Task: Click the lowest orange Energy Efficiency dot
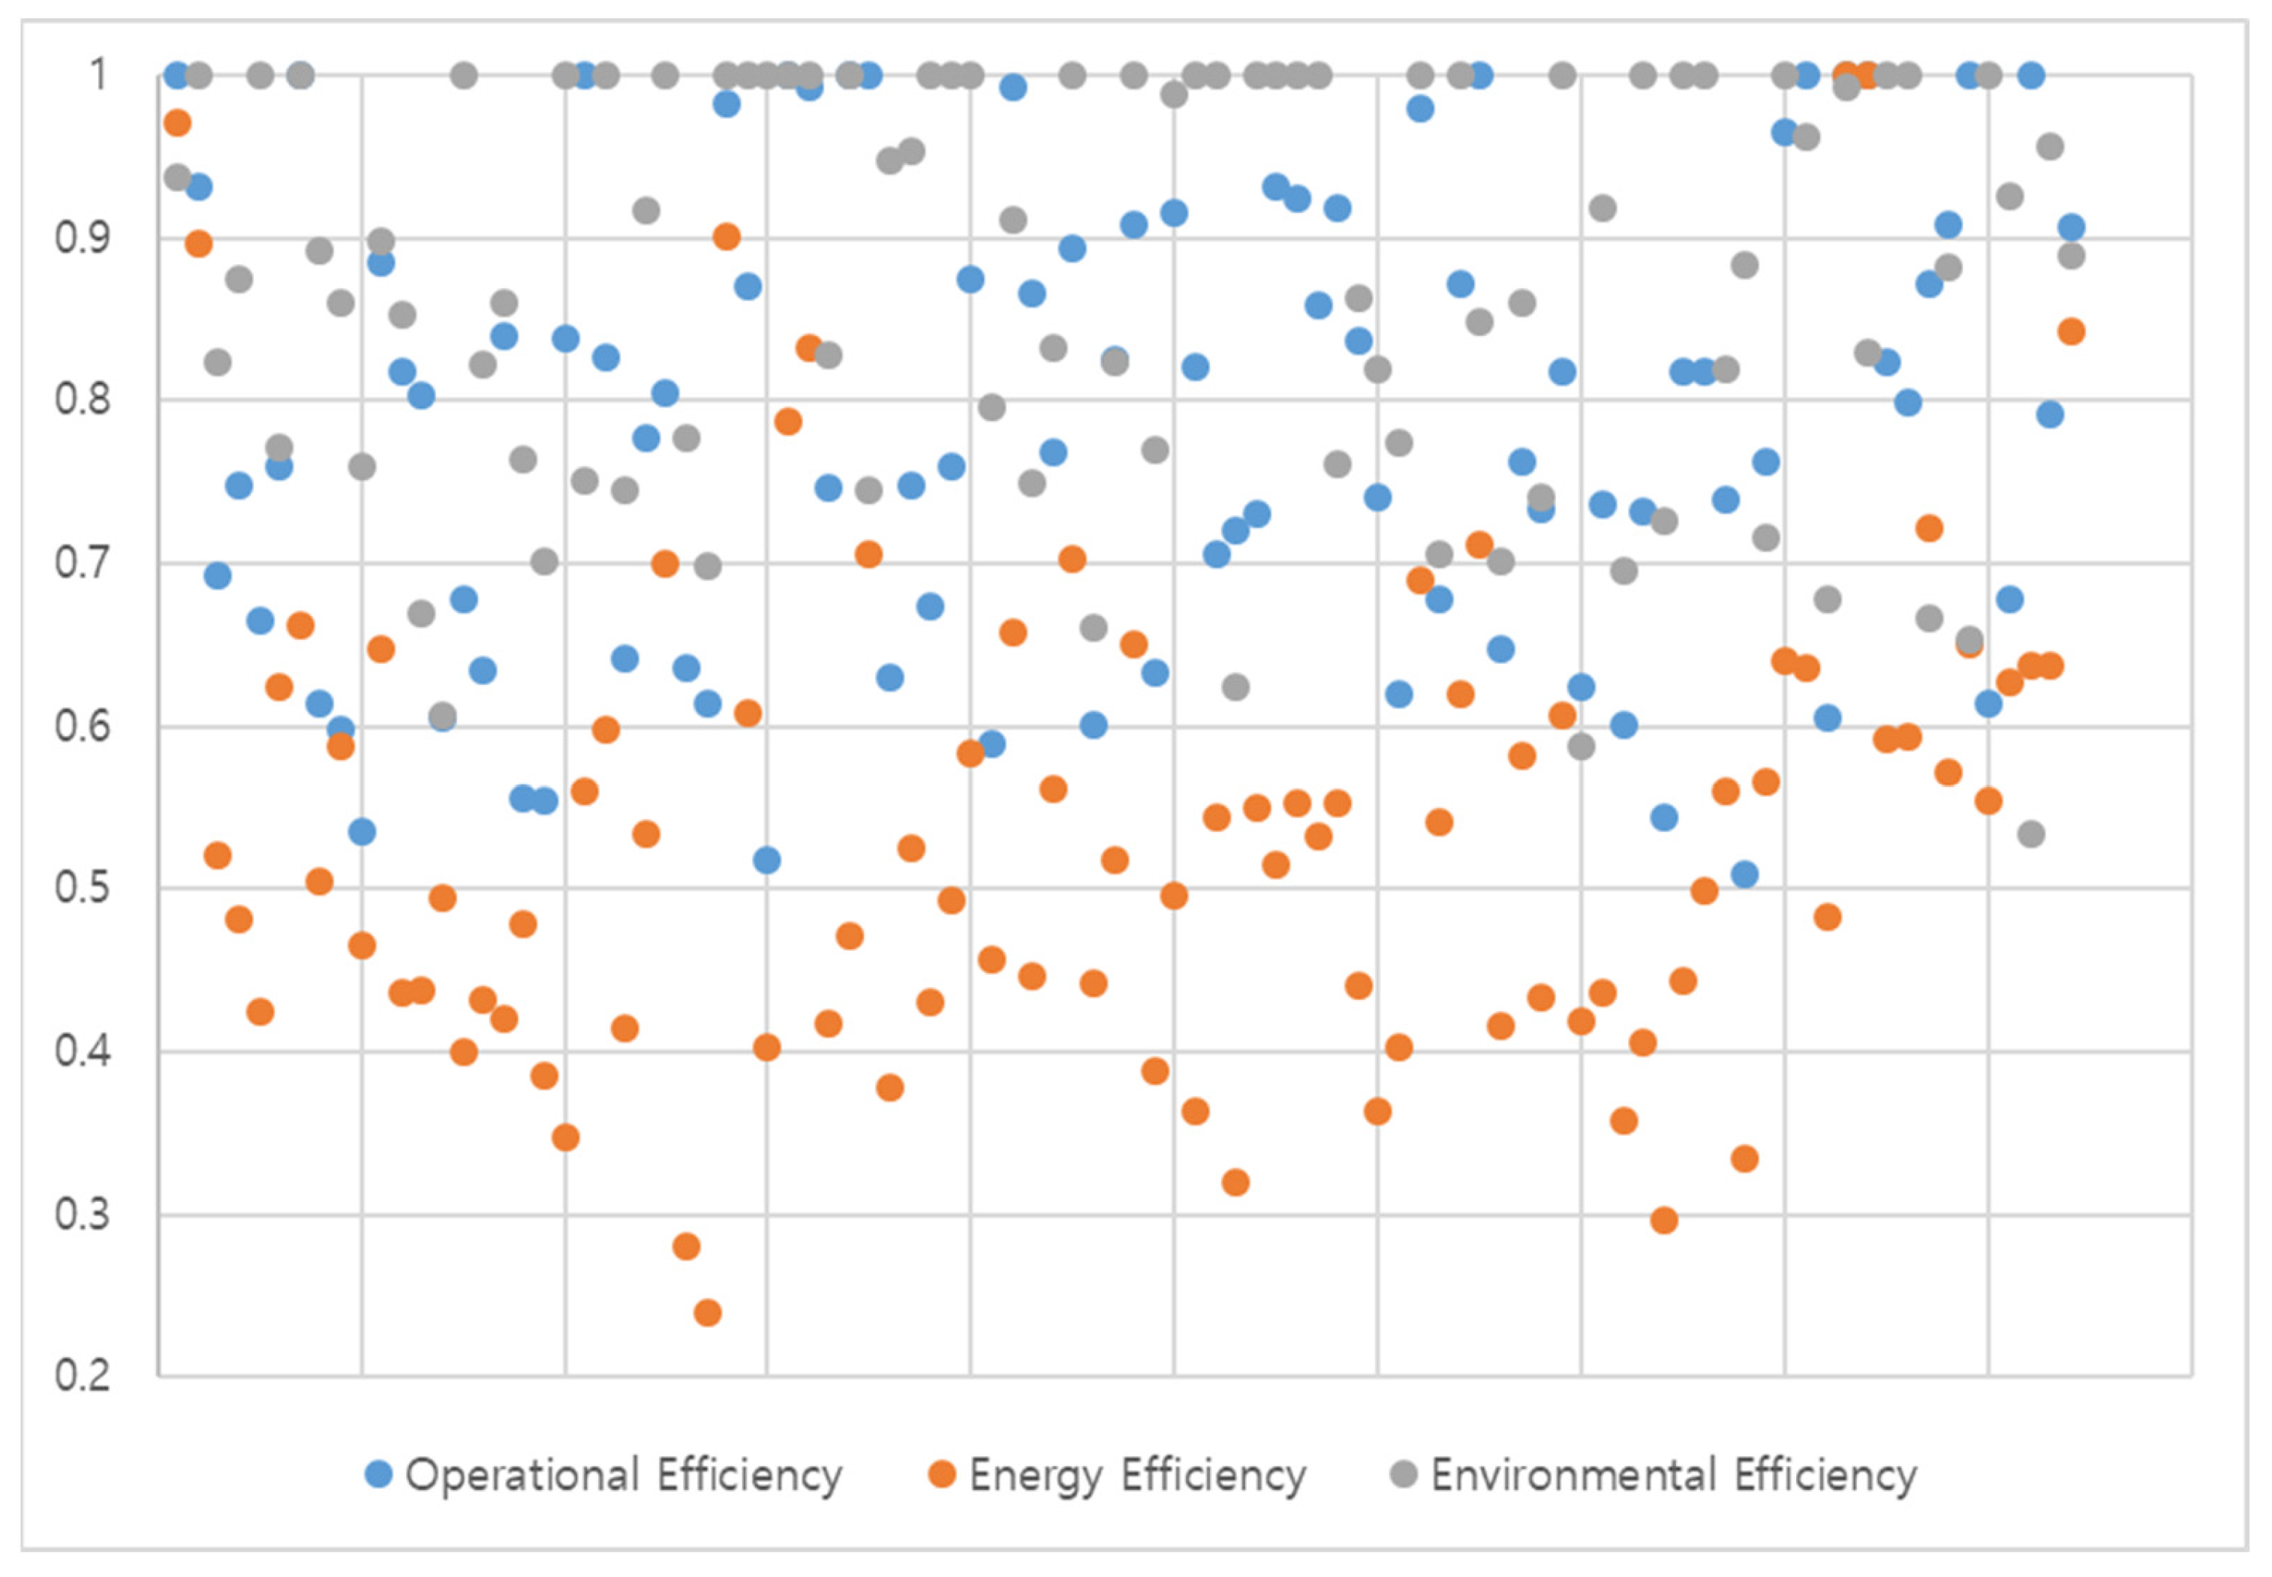point(708,1312)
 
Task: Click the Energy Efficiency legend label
point(1136,1474)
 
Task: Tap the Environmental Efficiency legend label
point(1673,1474)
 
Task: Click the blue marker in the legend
point(378,1474)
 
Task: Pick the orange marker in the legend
point(942,1474)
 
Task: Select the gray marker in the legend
point(1404,1474)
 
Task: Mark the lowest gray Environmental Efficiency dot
point(2031,834)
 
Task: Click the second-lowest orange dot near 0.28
point(686,1246)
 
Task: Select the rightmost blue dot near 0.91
point(2070,227)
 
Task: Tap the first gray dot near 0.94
point(177,178)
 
